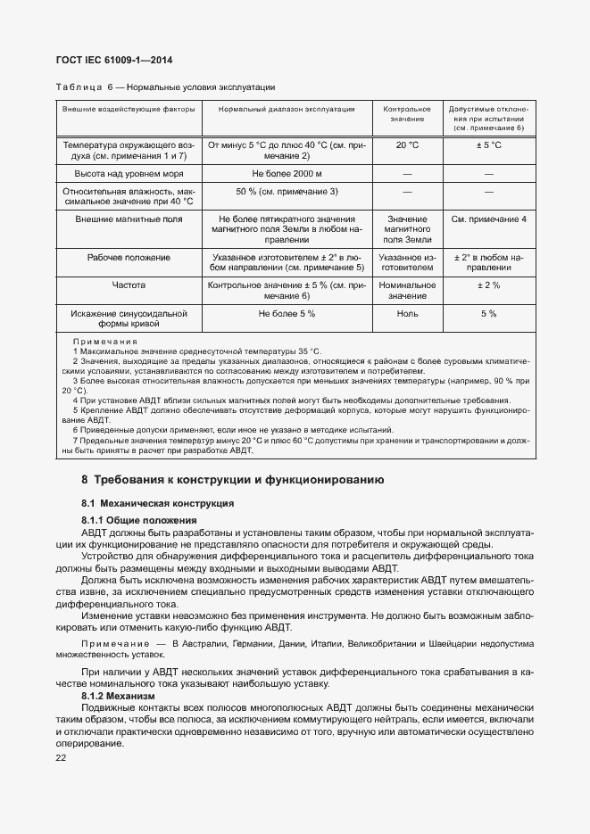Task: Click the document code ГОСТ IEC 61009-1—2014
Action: click(115, 61)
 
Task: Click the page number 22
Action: click(62, 757)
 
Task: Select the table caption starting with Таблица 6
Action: click(165, 87)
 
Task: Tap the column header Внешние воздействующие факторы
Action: click(129, 108)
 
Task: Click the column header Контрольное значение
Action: click(407, 113)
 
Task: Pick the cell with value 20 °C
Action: click(407, 145)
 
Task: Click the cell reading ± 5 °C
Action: click(488, 145)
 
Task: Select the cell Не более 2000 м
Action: click(287, 172)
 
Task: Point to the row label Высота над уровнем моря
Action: click(129, 172)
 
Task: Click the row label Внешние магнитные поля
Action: click(129, 219)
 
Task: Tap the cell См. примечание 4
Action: click(488, 219)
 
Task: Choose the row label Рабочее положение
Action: click(129, 258)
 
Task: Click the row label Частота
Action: click(129, 285)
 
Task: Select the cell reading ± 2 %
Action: click(488, 285)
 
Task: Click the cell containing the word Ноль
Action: click(407, 314)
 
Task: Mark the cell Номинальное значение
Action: click(407, 291)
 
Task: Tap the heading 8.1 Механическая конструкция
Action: click(158, 504)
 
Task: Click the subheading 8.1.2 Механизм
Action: click(118, 696)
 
